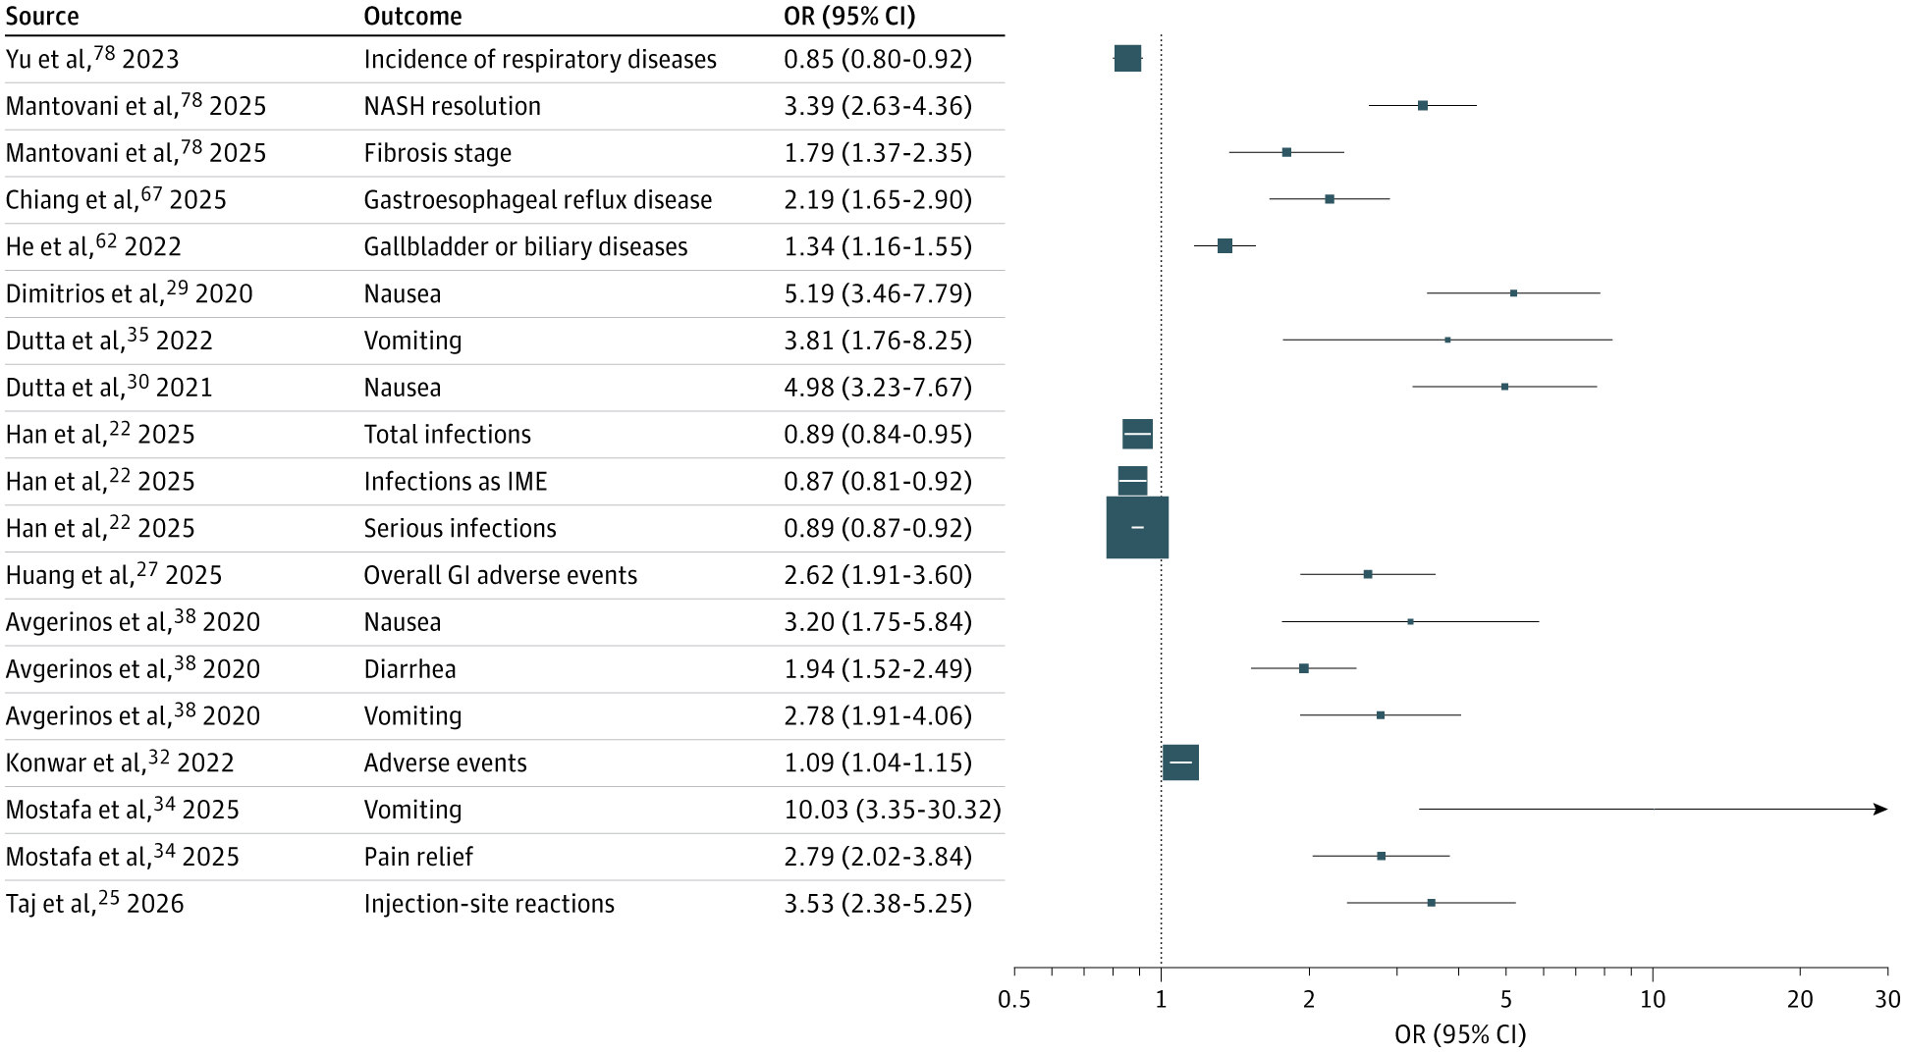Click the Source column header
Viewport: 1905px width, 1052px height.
(x=42, y=17)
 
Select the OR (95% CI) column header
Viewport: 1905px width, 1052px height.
(x=848, y=17)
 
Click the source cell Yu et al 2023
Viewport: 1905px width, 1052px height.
(x=92, y=59)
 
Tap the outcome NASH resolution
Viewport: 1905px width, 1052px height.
(x=452, y=106)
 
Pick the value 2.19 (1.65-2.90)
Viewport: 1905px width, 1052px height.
(x=877, y=200)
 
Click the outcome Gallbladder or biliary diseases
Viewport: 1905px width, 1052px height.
(x=525, y=247)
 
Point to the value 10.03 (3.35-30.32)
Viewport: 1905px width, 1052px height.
(x=892, y=810)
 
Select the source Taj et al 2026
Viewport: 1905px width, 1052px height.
(x=94, y=904)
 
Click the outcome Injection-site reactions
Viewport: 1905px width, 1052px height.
(x=489, y=904)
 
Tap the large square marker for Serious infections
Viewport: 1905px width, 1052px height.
(x=1137, y=528)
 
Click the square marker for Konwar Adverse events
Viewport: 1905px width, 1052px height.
(x=1180, y=763)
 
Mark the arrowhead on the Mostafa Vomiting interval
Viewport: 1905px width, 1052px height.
(x=1880, y=810)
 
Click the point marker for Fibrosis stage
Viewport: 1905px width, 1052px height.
(x=1286, y=152)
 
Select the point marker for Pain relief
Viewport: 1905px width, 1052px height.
(x=1381, y=857)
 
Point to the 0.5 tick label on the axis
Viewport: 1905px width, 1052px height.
(x=1014, y=1000)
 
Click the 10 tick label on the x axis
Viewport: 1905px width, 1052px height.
(x=1653, y=1000)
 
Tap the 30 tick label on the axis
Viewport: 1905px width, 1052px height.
(x=1887, y=1000)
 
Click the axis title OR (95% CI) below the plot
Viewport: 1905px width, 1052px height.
(x=1460, y=1034)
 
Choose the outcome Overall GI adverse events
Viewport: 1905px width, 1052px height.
(x=500, y=575)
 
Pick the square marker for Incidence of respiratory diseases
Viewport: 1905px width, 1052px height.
(x=1127, y=59)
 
